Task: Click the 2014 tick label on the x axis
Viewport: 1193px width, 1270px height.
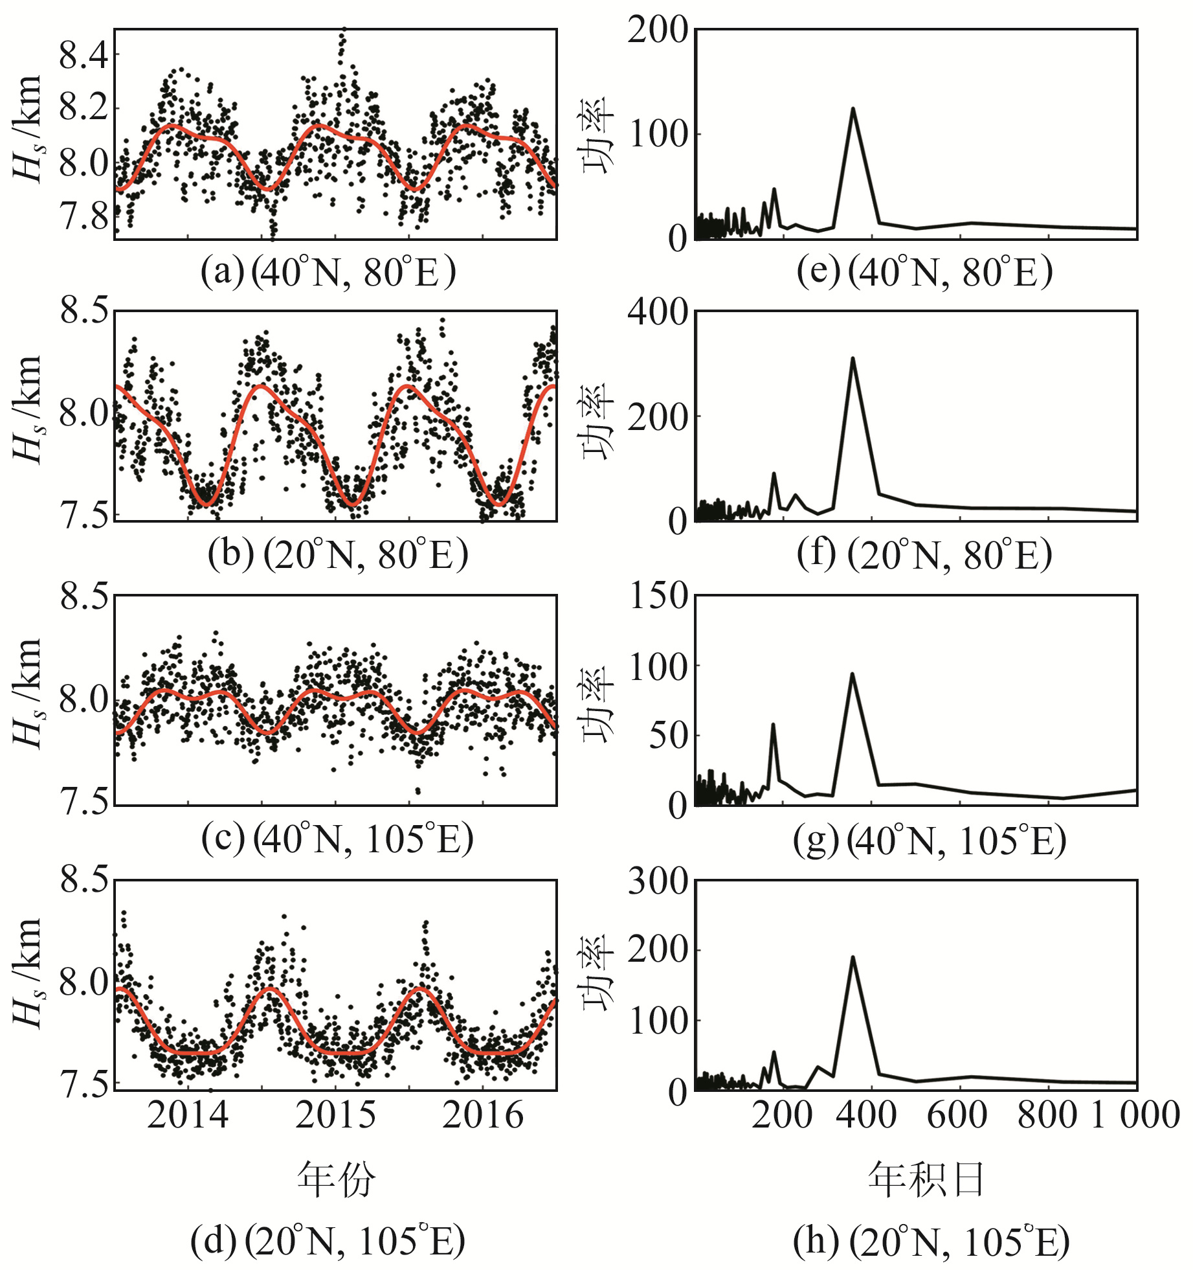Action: click(187, 1115)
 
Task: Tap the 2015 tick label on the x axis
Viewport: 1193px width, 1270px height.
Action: click(335, 1115)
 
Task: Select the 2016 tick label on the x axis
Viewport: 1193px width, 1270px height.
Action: click(483, 1115)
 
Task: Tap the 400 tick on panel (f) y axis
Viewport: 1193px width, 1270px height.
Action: click(658, 312)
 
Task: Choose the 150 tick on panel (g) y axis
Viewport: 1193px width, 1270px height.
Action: click(659, 596)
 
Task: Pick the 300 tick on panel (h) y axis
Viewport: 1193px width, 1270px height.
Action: click(658, 881)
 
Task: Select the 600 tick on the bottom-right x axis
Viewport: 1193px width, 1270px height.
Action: click(957, 1115)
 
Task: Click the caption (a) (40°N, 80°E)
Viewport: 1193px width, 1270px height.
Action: click(328, 272)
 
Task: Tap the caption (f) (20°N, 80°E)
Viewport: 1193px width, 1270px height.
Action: click(924, 555)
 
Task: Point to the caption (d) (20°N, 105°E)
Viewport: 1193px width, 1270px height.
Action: click(328, 1241)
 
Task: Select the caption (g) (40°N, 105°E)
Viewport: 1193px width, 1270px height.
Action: click(930, 840)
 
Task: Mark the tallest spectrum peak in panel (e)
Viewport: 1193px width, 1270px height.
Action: click(853, 109)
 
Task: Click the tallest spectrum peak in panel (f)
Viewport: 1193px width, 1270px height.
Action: click(853, 358)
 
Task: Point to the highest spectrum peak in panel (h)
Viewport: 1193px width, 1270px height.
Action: click(853, 957)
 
